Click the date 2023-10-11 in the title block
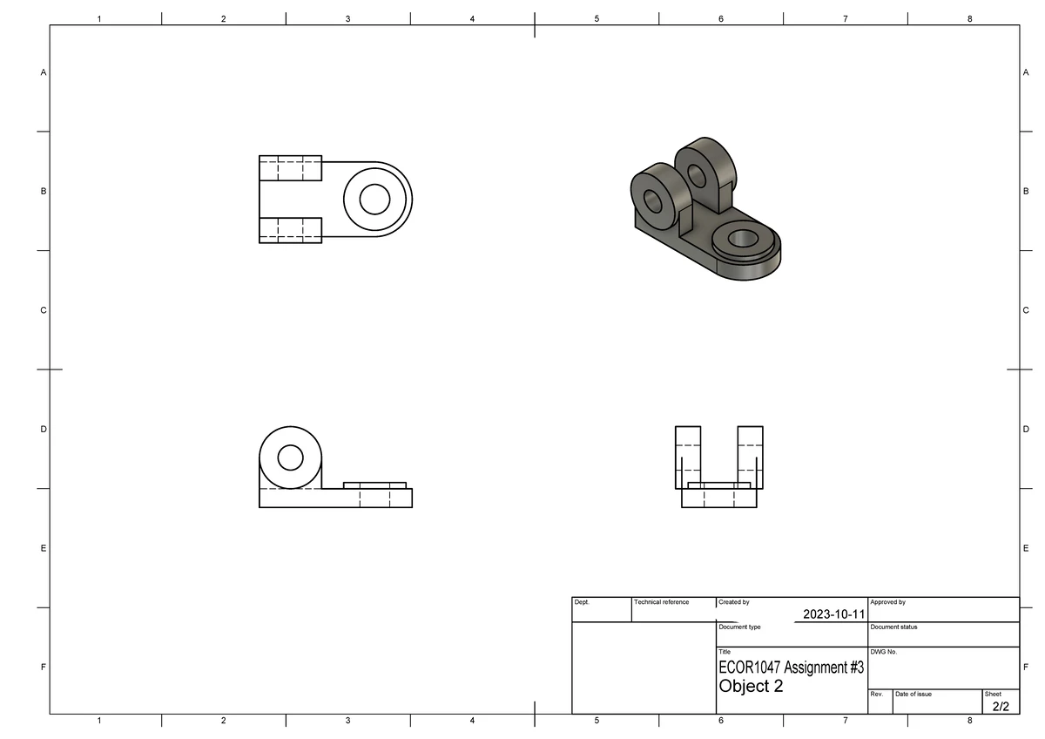point(833,614)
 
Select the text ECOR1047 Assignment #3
point(792,668)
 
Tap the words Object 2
point(751,686)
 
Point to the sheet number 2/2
point(1001,707)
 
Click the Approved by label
point(887,602)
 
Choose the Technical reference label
point(661,602)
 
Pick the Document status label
point(893,627)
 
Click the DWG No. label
point(884,652)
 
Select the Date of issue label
point(914,695)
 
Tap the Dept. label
point(582,602)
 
